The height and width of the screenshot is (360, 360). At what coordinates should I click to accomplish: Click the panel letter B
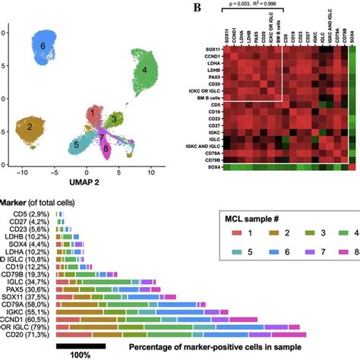pos(197,8)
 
